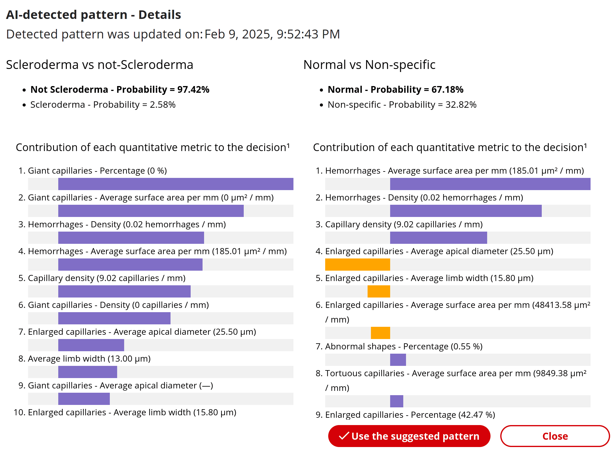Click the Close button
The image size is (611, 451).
[x=555, y=436]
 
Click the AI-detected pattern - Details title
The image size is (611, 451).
[x=93, y=15]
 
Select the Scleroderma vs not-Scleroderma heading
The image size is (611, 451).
[x=99, y=65]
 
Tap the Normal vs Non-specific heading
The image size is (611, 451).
[x=369, y=65]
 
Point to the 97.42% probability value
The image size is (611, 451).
[x=193, y=89]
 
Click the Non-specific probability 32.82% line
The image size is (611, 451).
[x=402, y=105]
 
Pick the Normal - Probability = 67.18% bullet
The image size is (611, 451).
[x=395, y=89]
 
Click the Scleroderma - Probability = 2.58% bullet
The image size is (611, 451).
[x=103, y=105]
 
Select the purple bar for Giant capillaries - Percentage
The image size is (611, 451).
[x=176, y=184]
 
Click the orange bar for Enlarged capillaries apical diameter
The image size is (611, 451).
[x=358, y=265]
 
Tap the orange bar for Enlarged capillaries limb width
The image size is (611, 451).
[x=379, y=291]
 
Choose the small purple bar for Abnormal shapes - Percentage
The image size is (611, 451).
[x=398, y=360]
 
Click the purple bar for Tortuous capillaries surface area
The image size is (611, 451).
[x=397, y=401]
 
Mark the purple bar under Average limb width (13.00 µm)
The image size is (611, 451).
[x=88, y=372]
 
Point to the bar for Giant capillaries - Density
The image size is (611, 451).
[x=114, y=318]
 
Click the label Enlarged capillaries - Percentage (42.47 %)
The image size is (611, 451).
[x=410, y=415]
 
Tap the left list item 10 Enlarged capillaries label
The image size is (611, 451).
[x=132, y=412]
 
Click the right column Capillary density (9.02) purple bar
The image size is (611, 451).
[x=438, y=238]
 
